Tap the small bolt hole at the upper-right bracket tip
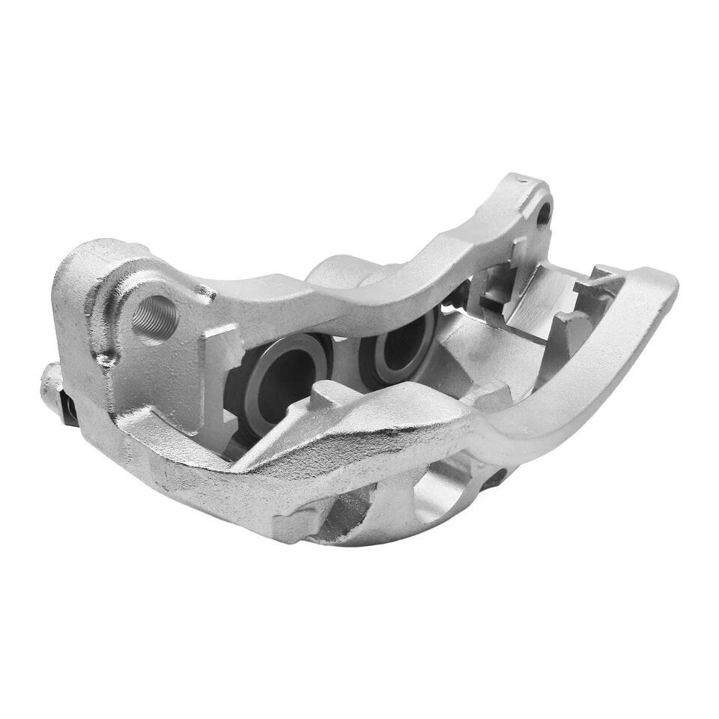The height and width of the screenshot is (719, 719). (544, 211)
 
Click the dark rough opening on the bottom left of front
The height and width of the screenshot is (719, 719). (341, 517)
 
